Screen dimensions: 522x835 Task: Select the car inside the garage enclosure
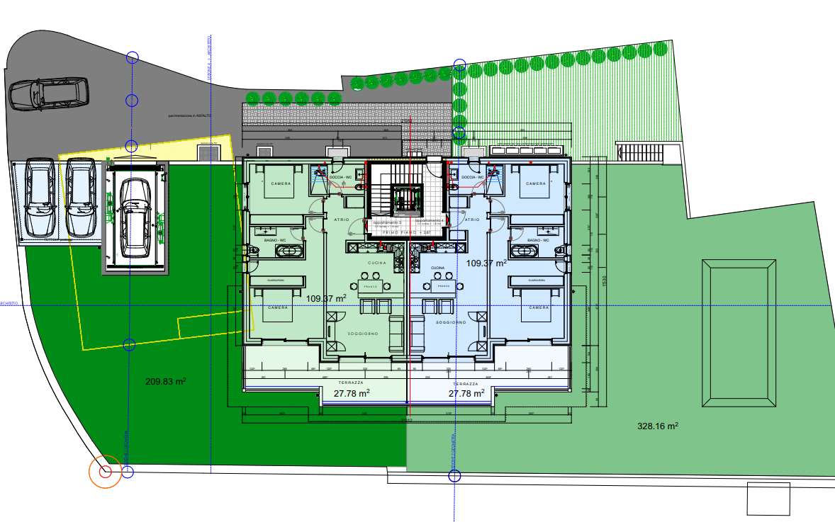tap(135, 216)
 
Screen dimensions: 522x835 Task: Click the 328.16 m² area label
tap(658, 426)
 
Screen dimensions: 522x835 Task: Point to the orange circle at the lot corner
tap(105, 472)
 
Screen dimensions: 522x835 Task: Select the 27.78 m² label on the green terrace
tap(352, 393)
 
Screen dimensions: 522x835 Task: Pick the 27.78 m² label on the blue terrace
tap(466, 393)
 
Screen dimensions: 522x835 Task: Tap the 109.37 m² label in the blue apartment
tap(486, 263)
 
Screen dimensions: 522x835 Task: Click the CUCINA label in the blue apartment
tap(437, 268)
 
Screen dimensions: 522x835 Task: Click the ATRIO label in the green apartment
tap(341, 220)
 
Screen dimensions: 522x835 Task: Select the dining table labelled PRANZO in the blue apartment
tap(444, 285)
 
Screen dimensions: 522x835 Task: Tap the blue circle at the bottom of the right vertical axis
tap(454, 475)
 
